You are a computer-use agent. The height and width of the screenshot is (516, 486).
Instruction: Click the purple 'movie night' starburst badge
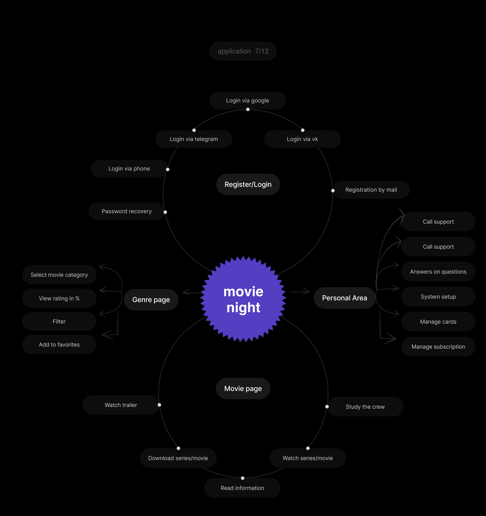click(x=243, y=299)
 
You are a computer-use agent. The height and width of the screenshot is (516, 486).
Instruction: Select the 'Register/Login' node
click(x=248, y=184)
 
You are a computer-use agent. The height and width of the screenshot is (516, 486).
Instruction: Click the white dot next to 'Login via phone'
click(x=168, y=169)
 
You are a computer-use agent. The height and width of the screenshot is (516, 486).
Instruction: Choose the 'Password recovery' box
click(x=126, y=211)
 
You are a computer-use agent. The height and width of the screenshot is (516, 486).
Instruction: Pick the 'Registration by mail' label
click(x=371, y=190)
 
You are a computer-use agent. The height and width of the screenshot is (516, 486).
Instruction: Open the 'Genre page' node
click(x=151, y=300)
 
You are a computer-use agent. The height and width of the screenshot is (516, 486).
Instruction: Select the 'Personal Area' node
click(x=344, y=298)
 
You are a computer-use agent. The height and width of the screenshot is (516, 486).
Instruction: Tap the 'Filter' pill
click(x=59, y=321)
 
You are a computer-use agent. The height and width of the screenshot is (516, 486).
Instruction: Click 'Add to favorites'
click(x=59, y=344)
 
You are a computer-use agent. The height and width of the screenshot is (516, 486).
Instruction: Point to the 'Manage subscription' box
click(x=438, y=347)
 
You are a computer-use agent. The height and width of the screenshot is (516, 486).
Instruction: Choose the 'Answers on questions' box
click(x=438, y=272)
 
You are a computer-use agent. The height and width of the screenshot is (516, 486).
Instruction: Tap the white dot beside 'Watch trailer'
click(x=159, y=405)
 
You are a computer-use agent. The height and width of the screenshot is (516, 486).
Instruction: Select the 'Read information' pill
click(x=242, y=488)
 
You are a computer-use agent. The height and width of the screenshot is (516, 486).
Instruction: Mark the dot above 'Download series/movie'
click(x=178, y=448)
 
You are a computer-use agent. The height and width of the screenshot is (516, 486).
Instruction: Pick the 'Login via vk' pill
click(x=302, y=139)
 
